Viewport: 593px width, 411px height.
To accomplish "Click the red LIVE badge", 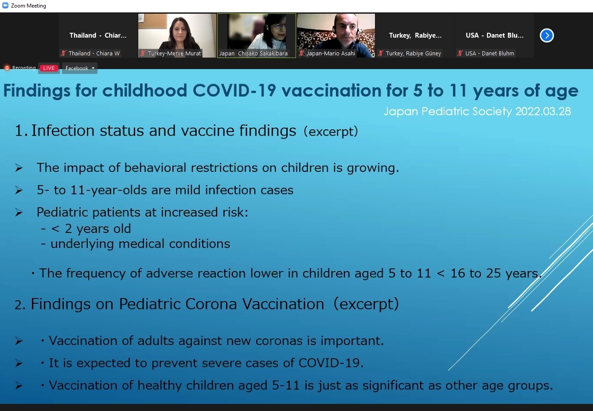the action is coord(49,68).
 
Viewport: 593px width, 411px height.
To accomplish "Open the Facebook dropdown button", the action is coord(80,68).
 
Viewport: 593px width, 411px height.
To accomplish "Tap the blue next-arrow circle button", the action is coord(546,35).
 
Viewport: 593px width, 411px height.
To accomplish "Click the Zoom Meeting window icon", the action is coord(5,5).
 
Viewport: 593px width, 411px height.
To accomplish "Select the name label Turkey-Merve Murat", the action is coord(174,54).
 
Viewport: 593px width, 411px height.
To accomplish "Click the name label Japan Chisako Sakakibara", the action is coord(254,54).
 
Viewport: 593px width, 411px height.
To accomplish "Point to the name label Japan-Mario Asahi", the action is coord(331,54).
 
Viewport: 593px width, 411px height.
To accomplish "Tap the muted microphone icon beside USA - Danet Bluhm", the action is coord(460,54).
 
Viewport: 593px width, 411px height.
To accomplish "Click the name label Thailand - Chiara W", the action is coord(94,54).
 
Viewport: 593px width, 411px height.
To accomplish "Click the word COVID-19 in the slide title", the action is coord(234,90).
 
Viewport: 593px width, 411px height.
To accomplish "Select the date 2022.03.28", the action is coord(543,111).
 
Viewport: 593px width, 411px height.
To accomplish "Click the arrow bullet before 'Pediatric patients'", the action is coord(19,213).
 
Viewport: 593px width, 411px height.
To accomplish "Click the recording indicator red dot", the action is coord(7,68).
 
